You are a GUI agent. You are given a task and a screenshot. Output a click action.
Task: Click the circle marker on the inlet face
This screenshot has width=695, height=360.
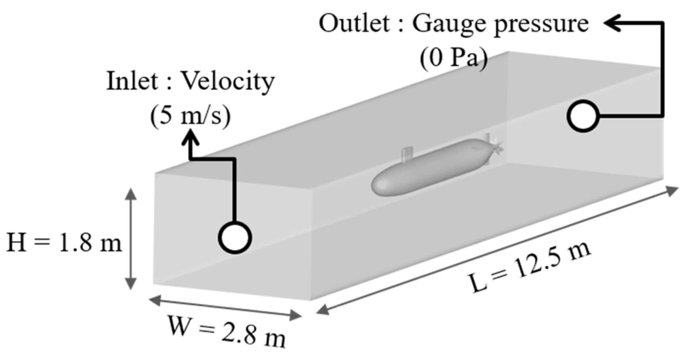pyautogui.click(x=235, y=238)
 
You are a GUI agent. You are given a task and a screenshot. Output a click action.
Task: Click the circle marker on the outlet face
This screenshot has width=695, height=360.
pyautogui.click(x=583, y=116)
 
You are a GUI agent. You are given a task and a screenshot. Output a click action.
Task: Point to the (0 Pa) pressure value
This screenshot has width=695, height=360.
pyautogui.click(x=454, y=57)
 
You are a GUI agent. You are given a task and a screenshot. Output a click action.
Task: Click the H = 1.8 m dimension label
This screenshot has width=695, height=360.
pyautogui.click(x=64, y=242)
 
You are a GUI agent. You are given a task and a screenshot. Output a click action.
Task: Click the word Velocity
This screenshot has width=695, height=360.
pyautogui.click(x=228, y=82)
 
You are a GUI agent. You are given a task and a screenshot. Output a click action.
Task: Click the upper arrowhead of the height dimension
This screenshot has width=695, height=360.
pyautogui.click(x=131, y=194)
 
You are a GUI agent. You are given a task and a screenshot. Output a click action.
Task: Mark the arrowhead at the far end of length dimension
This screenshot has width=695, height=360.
pyautogui.click(x=672, y=190)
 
